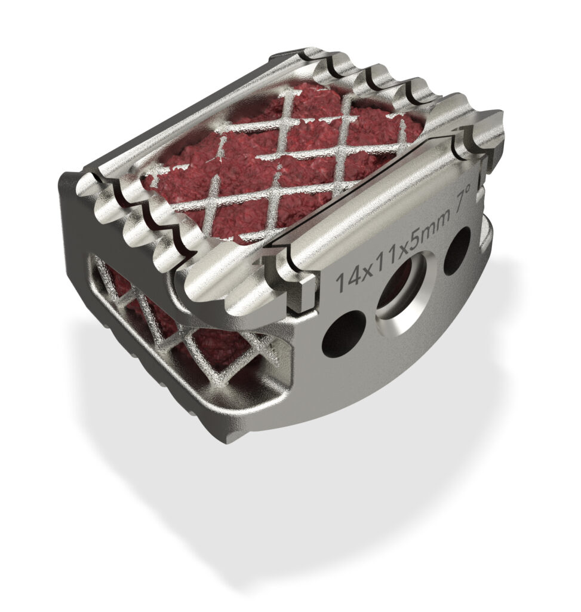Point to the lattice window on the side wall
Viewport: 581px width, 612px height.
click(179, 323)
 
